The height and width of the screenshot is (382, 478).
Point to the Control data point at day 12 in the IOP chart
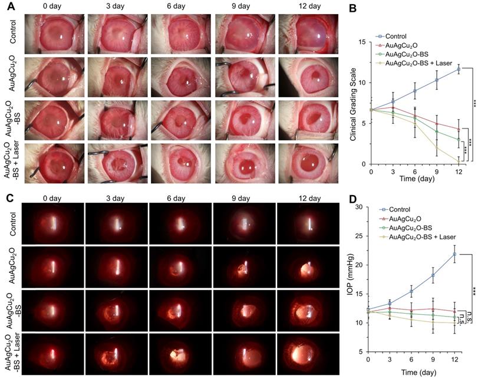455,254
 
